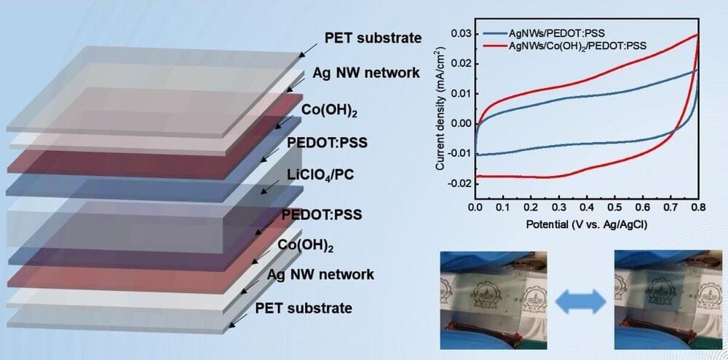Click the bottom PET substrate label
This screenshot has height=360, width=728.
click(304, 308)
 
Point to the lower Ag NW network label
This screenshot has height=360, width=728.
click(320, 274)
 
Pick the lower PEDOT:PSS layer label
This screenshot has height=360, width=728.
click(322, 215)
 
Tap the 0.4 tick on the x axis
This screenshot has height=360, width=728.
click(587, 208)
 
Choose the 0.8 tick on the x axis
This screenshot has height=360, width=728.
click(698, 208)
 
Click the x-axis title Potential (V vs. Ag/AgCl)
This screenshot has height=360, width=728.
click(587, 224)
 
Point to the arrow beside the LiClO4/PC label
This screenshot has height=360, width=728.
click(271, 188)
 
